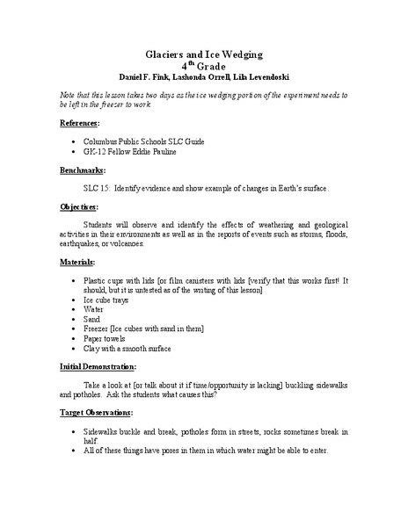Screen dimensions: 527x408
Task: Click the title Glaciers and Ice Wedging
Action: point(203,52)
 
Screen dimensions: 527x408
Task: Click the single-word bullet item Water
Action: point(93,309)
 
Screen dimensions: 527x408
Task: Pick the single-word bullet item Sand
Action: point(91,319)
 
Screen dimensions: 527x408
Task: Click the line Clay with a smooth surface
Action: point(126,348)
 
